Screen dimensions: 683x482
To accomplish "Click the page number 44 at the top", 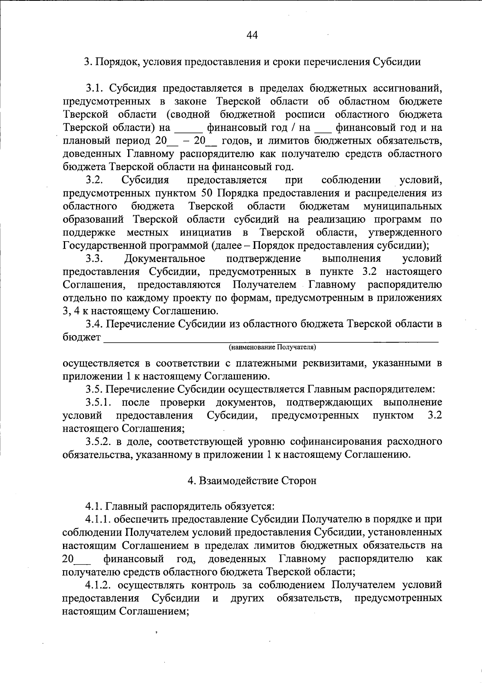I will tap(252, 35).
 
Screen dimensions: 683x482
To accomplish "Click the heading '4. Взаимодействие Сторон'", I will tap(252, 481).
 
